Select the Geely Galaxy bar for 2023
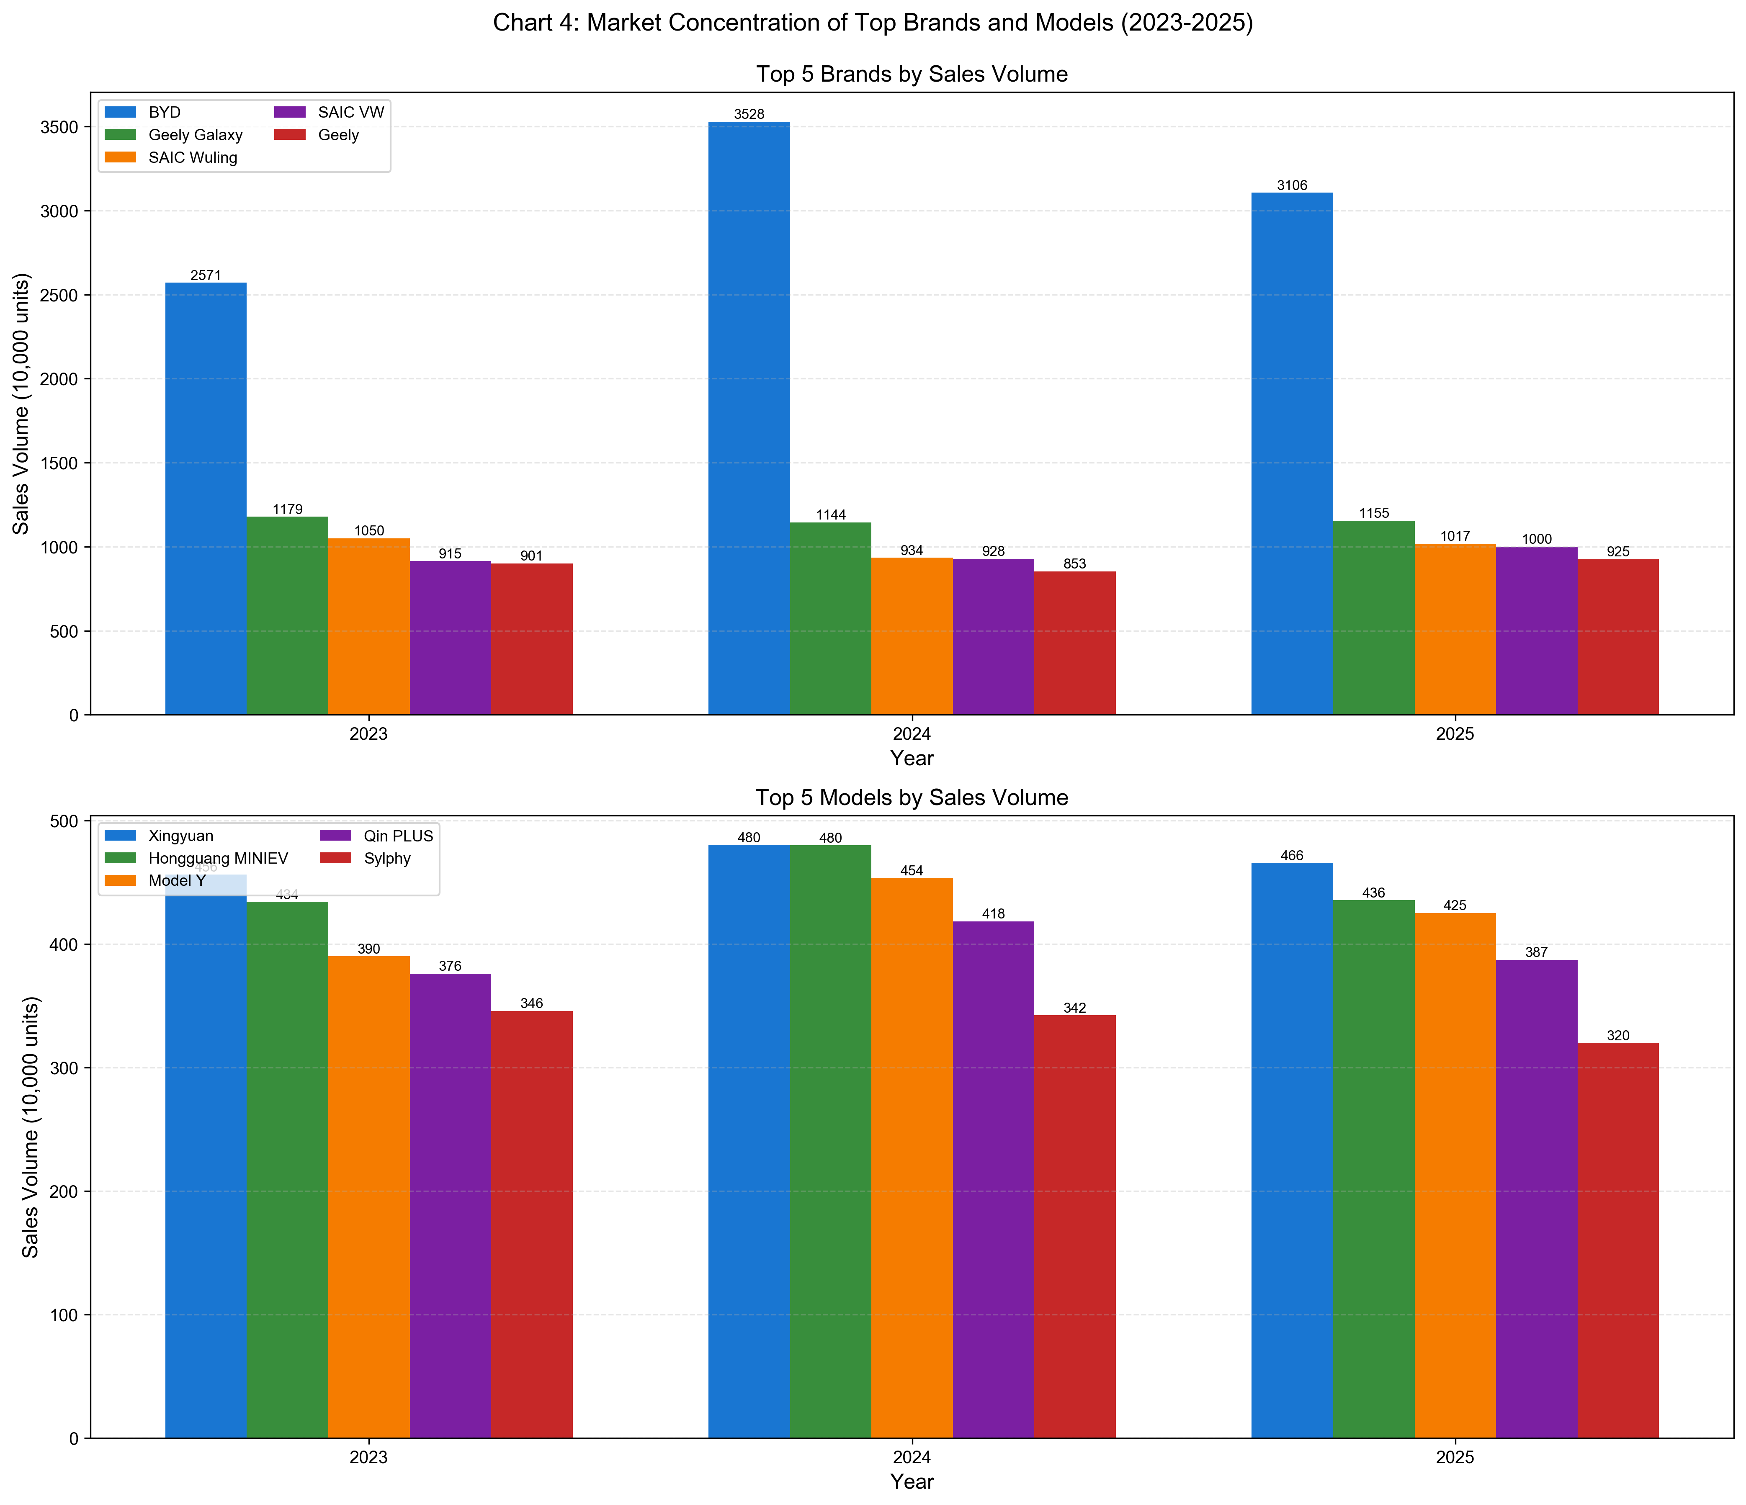coord(287,615)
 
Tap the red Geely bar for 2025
coord(1618,637)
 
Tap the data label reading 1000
coord(1536,539)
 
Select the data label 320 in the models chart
coord(1618,1036)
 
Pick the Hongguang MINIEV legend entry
coord(217,859)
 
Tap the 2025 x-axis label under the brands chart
coord(1455,734)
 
